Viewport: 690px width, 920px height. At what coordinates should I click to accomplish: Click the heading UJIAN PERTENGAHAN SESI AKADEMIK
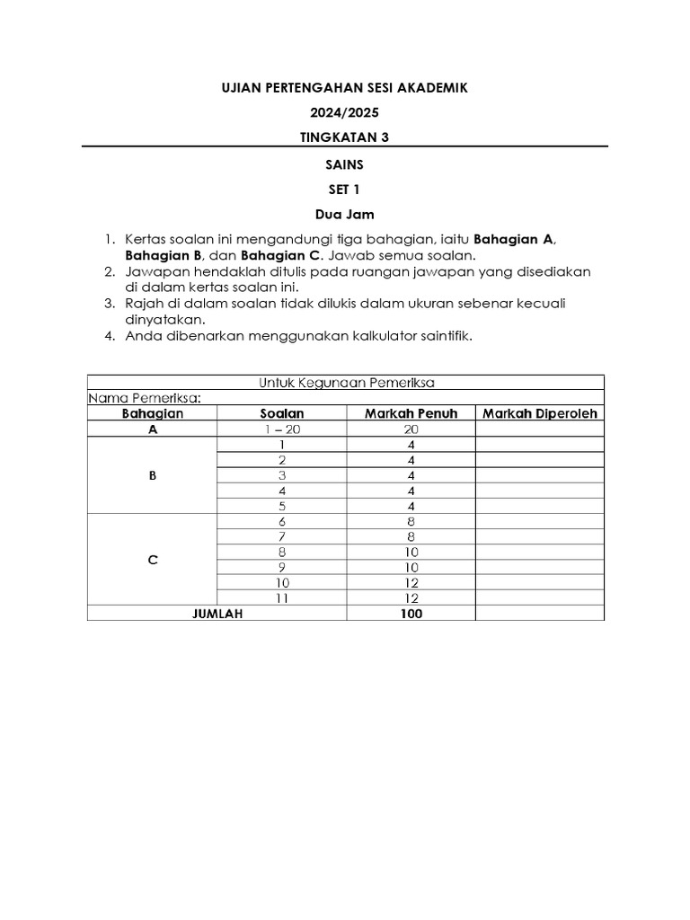pyautogui.click(x=345, y=88)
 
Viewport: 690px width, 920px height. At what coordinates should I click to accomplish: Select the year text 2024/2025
pyautogui.click(x=345, y=113)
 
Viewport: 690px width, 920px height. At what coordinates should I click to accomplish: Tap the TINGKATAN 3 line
pyautogui.click(x=345, y=137)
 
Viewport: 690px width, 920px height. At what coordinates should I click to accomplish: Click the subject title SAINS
pyautogui.click(x=345, y=165)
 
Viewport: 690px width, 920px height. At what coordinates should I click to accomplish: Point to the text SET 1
pyautogui.click(x=345, y=190)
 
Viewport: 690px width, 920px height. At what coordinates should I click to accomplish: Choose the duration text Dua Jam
pyautogui.click(x=345, y=216)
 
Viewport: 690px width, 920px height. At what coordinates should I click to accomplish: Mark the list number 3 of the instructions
pyautogui.click(x=109, y=304)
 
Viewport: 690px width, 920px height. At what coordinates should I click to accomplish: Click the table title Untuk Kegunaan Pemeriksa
pyautogui.click(x=346, y=383)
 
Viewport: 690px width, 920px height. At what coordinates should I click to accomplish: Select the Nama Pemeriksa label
pyautogui.click(x=144, y=398)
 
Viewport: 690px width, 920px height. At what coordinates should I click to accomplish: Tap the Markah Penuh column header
pyautogui.click(x=411, y=413)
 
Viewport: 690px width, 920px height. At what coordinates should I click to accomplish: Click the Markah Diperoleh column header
pyautogui.click(x=540, y=413)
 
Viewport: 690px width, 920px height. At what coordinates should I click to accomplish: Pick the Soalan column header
pyautogui.click(x=281, y=413)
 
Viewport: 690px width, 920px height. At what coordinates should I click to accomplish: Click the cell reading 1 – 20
pyautogui.click(x=281, y=429)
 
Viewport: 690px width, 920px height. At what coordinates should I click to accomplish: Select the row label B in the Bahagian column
pyautogui.click(x=152, y=476)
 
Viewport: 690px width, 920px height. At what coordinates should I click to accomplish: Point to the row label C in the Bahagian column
pyautogui.click(x=152, y=560)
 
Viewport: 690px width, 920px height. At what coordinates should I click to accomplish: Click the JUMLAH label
pyautogui.click(x=217, y=614)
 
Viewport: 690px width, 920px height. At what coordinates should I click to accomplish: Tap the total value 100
pyautogui.click(x=411, y=614)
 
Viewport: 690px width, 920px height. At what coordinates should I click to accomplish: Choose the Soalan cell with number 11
pyautogui.click(x=281, y=598)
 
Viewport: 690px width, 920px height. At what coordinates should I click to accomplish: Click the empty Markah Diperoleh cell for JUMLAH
pyautogui.click(x=540, y=614)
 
